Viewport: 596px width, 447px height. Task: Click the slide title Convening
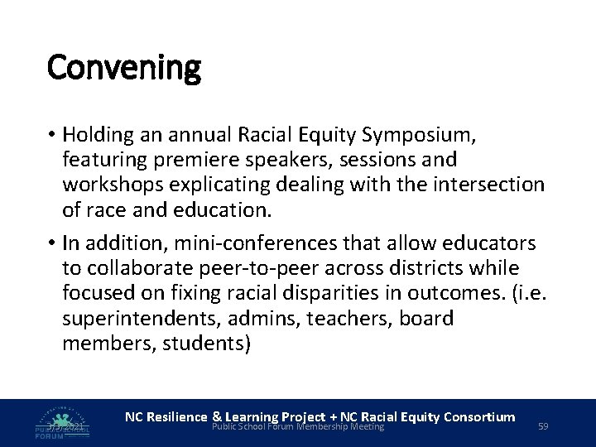(x=124, y=68)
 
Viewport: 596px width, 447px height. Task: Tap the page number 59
(x=544, y=426)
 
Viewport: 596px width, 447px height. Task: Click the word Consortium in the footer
(x=478, y=416)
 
